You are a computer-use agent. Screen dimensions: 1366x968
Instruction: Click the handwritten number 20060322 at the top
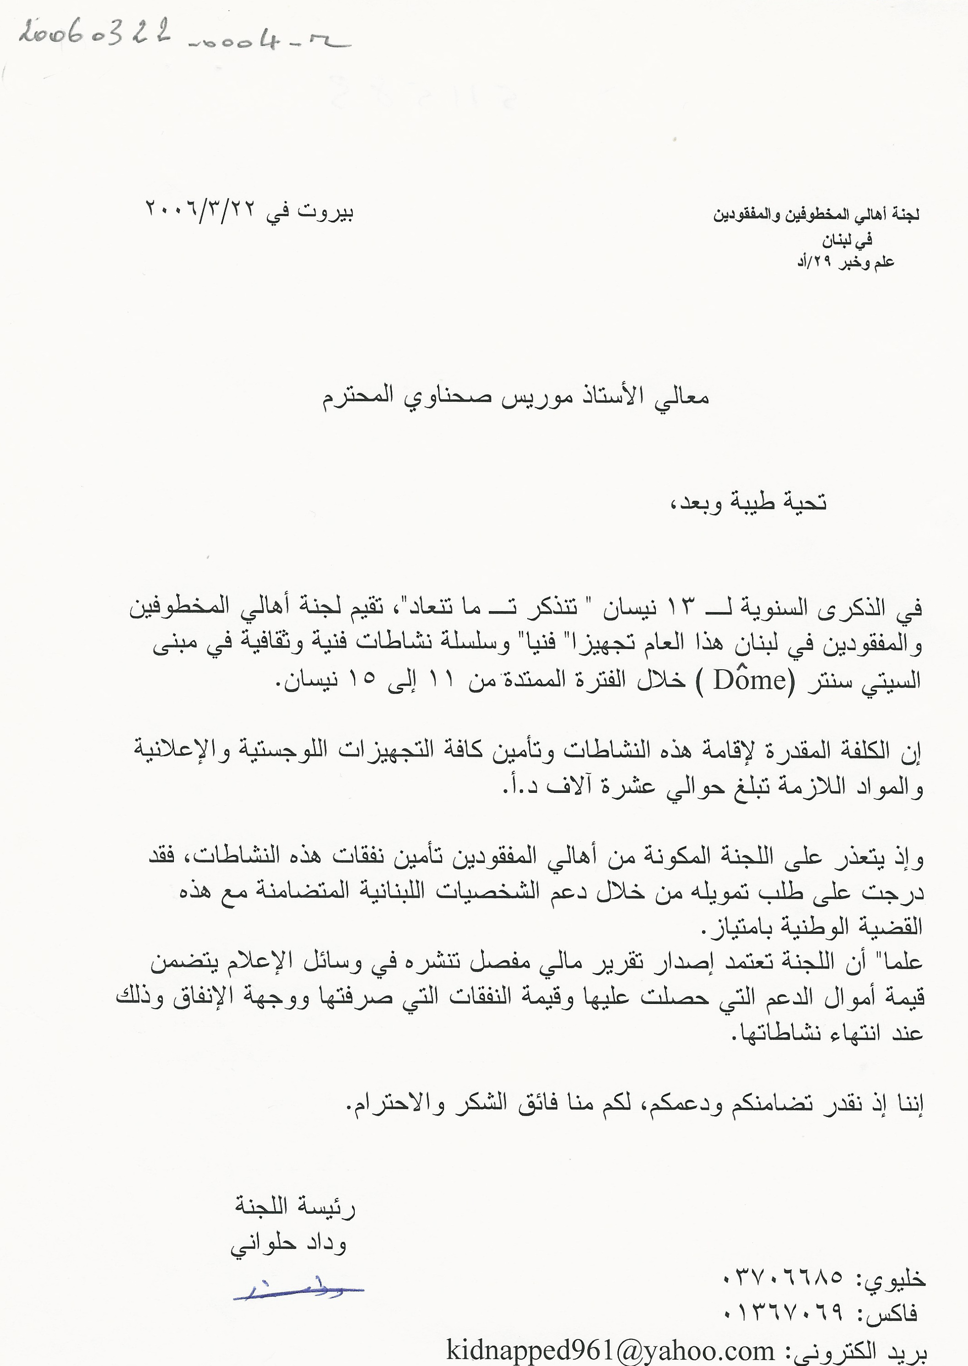95,33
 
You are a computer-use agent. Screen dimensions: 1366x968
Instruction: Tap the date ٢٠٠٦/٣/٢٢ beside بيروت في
200,209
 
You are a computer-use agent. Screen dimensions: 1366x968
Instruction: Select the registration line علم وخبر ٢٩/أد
846,262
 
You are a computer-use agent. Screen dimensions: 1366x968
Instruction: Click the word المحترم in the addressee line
357,396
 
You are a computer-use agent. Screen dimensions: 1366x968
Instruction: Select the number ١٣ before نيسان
680,609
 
